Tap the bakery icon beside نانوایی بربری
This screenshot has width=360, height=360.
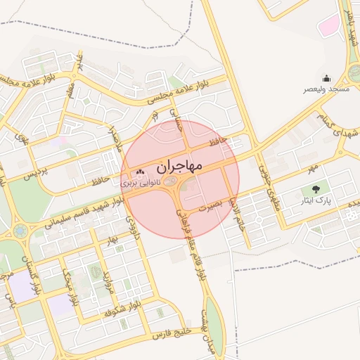coord(140,172)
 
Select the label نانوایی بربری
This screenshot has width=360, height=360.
coord(141,182)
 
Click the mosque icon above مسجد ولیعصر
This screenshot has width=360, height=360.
coord(326,78)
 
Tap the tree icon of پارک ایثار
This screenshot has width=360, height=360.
coord(314,189)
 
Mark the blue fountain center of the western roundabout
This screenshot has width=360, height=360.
coord(19,230)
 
